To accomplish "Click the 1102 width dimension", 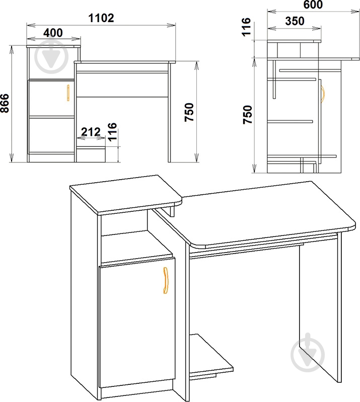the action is point(101,18).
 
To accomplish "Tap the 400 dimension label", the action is point(53,33).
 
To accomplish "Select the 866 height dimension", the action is point(5,103).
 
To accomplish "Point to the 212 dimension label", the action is point(91,132).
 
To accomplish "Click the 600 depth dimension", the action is point(313,5).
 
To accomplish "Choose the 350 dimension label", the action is point(295,21).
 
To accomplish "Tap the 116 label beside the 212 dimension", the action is point(112,132).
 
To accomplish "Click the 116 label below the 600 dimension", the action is point(246,27).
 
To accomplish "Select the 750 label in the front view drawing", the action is point(190,112).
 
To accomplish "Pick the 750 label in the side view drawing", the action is point(248,114).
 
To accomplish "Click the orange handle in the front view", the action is point(68,93).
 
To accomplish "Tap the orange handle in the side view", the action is point(323,95).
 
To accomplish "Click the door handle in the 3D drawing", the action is point(166,280).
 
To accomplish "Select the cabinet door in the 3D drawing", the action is point(137,323).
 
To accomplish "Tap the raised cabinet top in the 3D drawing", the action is point(126,195).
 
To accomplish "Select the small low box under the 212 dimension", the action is point(91,155).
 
